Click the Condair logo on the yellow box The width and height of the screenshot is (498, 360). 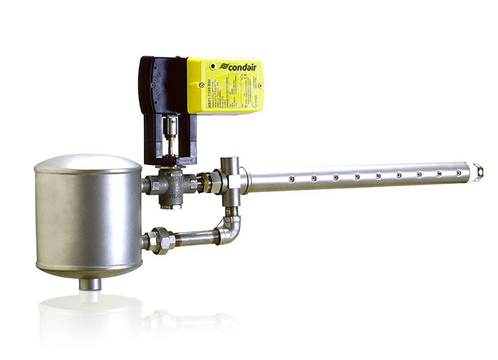239,68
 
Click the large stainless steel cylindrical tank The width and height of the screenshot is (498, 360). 88,215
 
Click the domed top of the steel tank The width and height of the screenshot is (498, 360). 88,164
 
